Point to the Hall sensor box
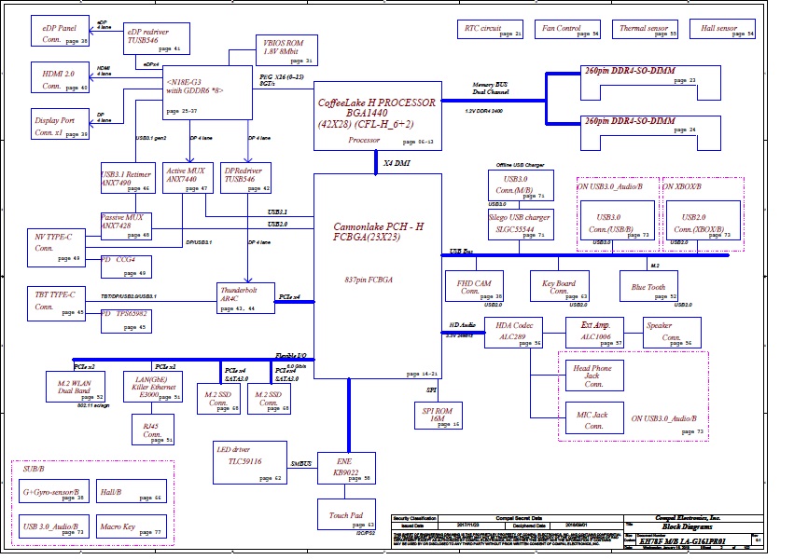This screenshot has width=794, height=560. point(727,30)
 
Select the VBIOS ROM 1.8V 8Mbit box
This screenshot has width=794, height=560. point(286,50)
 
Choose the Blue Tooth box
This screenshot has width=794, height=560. point(649,285)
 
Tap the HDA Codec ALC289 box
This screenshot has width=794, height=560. point(514,333)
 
